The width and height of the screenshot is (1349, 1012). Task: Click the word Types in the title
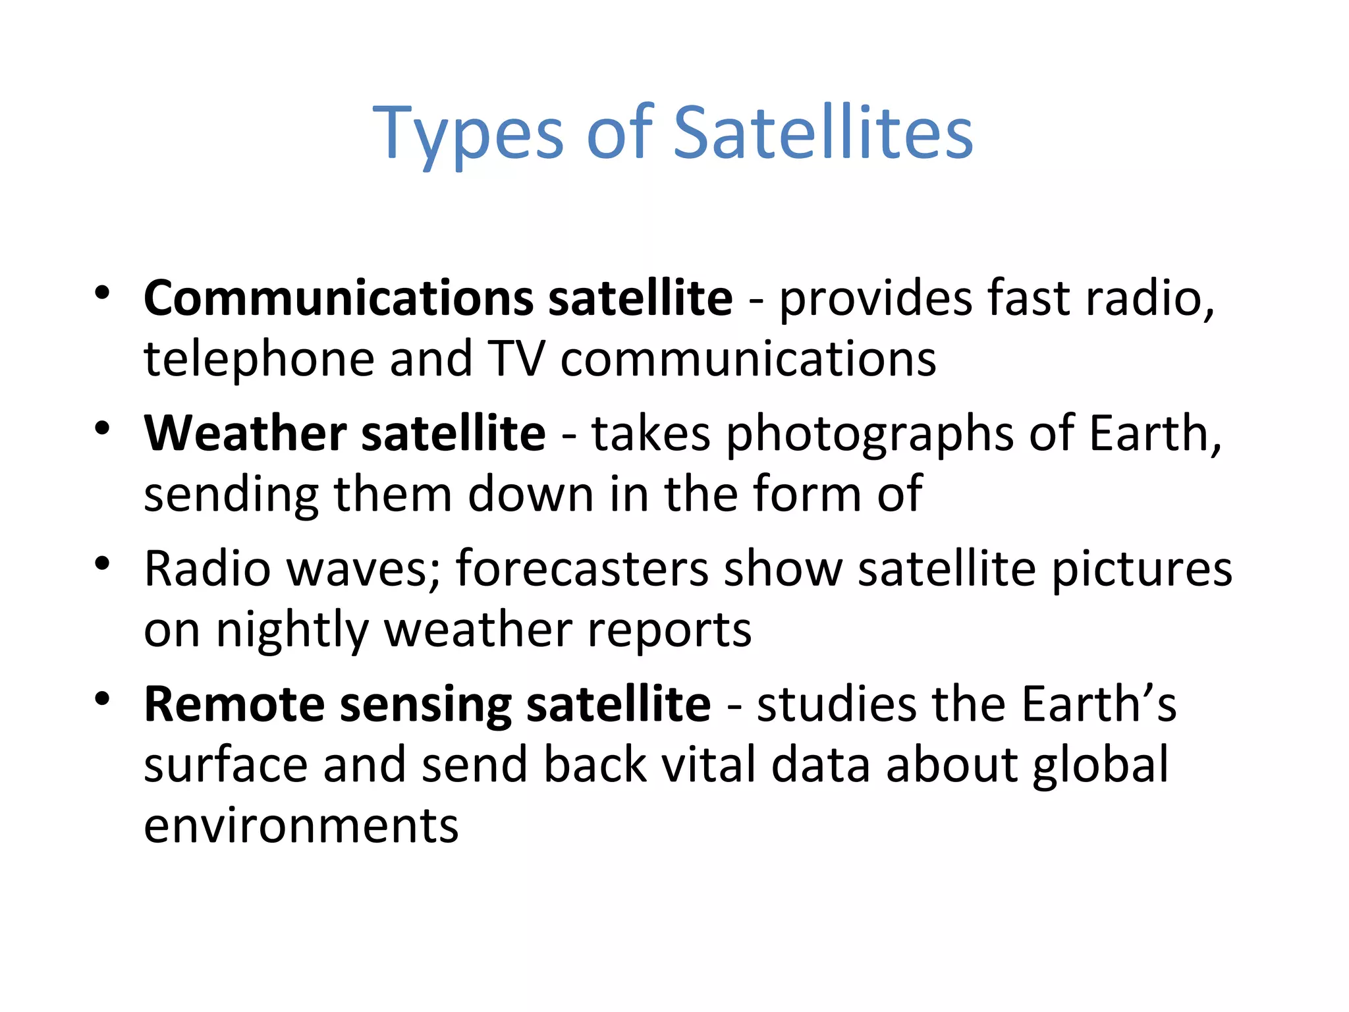tap(468, 135)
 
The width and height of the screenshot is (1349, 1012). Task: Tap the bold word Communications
tap(338, 298)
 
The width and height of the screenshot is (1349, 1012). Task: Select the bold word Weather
tap(244, 434)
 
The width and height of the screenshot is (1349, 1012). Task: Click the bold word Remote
tap(234, 704)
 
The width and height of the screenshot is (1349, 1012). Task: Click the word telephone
tap(259, 360)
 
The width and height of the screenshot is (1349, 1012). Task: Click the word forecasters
tap(582, 569)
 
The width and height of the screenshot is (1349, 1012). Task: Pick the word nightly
tap(292, 631)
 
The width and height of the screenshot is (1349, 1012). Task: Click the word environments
tap(301, 826)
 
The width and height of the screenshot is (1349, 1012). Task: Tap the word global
tap(1101, 766)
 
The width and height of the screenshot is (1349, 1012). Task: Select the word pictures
tap(1141, 570)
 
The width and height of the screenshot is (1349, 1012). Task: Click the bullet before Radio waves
tap(101, 564)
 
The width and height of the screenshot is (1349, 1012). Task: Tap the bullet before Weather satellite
tap(101, 429)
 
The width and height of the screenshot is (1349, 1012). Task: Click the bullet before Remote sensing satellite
tap(101, 699)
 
